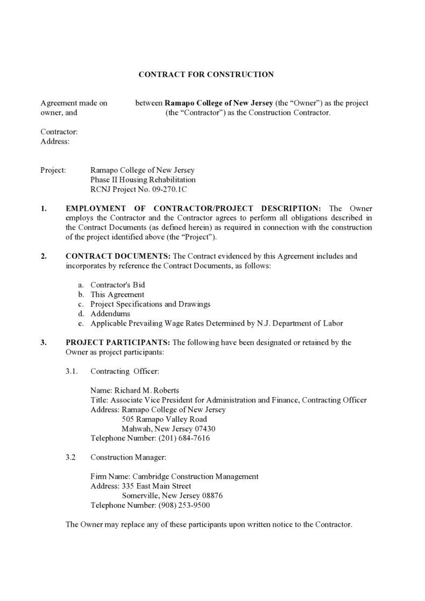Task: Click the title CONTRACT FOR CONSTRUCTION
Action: coord(206,74)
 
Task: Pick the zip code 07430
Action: coord(206,429)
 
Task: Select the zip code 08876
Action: coord(212,496)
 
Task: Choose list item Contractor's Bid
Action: coord(117,285)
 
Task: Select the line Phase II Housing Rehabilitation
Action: coord(143,180)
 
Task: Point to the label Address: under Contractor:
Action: coord(55,142)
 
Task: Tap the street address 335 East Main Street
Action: coord(156,486)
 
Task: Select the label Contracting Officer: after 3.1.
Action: coord(125,371)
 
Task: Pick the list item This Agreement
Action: coord(117,294)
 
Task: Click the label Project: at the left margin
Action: coord(53,170)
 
